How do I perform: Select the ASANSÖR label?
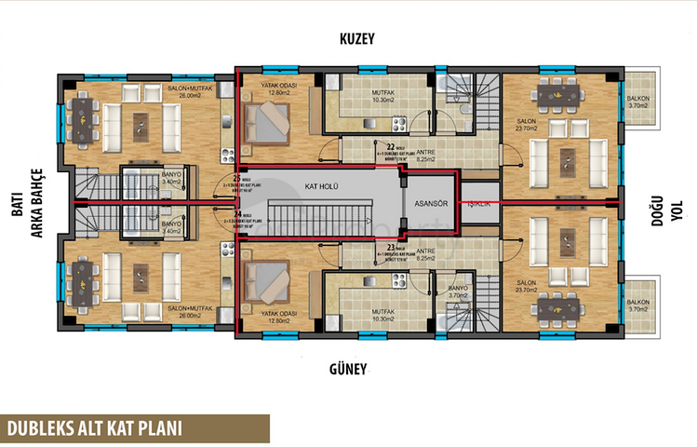[431, 204]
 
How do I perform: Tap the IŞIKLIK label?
[478, 204]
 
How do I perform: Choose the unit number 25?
[237, 177]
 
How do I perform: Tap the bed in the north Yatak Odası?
[266, 120]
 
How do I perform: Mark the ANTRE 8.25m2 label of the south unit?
[427, 252]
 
